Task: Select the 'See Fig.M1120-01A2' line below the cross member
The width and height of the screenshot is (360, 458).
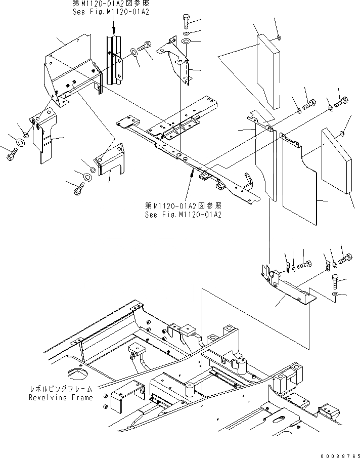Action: [183, 214]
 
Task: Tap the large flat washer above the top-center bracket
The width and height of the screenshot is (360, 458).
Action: [186, 41]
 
